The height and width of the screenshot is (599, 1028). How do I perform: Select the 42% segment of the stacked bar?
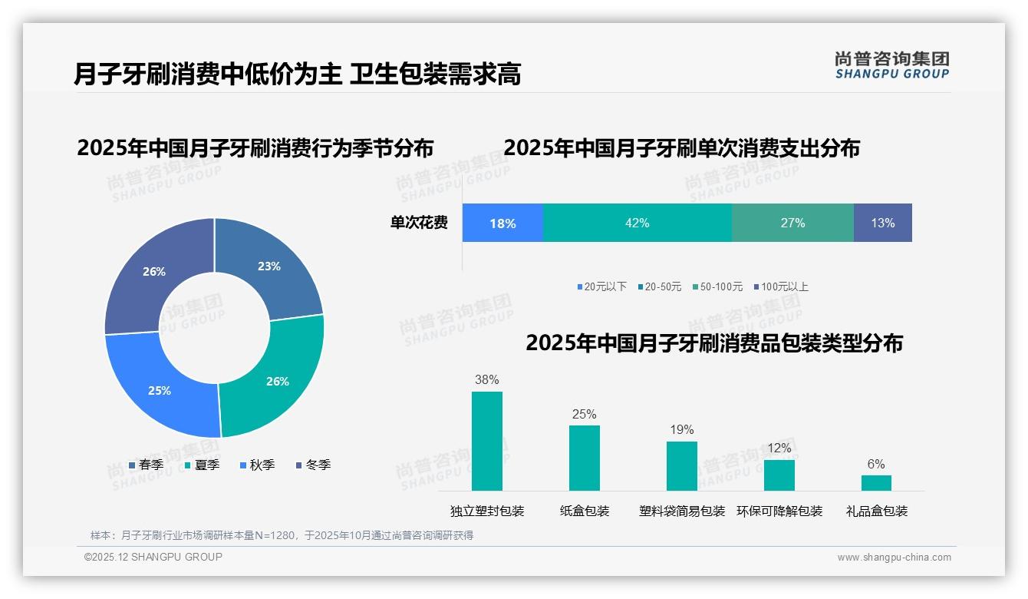coord(637,223)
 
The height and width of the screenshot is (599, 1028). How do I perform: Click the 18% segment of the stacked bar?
coord(502,223)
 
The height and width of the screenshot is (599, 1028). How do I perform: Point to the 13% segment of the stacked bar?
coord(882,223)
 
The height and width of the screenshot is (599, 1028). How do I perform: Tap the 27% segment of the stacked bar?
coord(792,223)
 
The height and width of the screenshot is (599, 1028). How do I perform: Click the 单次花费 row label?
coord(419,223)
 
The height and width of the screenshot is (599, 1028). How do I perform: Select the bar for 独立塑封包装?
coord(486,441)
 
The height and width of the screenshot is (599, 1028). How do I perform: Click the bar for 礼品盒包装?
coord(876,482)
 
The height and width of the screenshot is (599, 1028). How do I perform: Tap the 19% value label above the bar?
coord(681,430)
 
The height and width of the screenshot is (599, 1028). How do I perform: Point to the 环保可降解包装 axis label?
coord(779,511)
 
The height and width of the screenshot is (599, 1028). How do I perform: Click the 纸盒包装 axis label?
coord(585,511)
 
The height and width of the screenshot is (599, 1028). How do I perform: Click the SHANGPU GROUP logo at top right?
coord(891,65)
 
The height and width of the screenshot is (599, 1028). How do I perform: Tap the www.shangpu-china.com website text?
coord(894,558)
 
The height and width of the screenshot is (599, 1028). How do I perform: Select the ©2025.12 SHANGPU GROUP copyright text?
coord(153,558)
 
